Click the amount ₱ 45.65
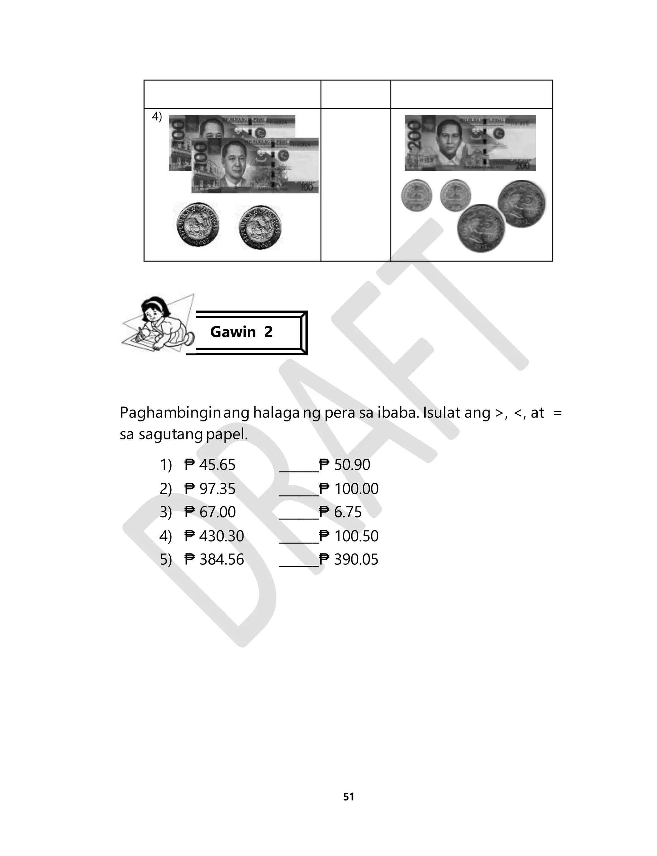click(210, 465)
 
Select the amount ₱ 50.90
click(345, 465)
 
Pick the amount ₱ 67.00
click(210, 513)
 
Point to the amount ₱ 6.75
click(341, 513)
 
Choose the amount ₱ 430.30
click(214, 536)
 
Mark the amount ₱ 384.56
click(214, 560)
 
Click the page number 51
click(348, 797)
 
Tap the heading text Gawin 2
click(241, 332)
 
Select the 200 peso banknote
click(470, 143)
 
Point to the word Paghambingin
click(171, 413)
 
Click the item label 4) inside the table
click(157, 116)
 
